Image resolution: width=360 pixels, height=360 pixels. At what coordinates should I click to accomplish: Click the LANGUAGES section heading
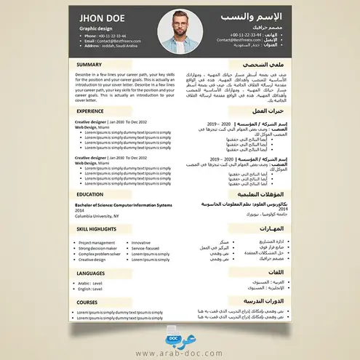click(91, 273)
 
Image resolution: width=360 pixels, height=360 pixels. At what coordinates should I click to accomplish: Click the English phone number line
click(105, 35)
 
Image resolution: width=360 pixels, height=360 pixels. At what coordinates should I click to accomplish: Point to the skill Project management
click(97, 243)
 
